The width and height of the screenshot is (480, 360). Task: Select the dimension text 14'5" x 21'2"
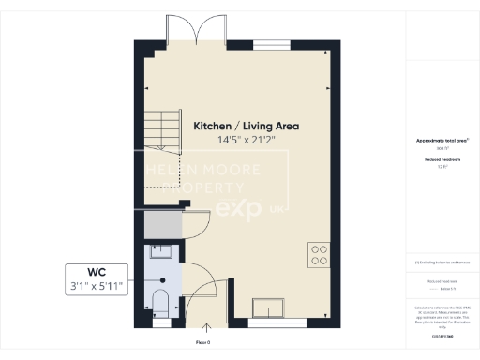[x=241, y=140]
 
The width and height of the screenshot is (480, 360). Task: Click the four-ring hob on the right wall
[x=319, y=254]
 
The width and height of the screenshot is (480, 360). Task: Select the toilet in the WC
[x=159, y=302]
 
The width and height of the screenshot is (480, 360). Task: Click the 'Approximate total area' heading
[x=442, y=141]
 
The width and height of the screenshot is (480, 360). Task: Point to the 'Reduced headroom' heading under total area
[x=442, y=160]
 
